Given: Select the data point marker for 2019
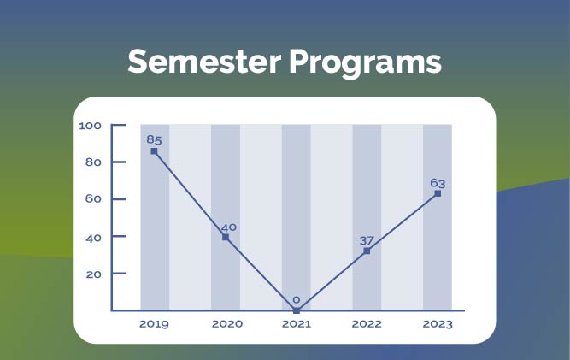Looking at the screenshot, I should (154, 151).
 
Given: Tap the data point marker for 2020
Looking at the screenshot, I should (226, 237).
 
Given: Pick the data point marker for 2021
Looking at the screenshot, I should (297, 310).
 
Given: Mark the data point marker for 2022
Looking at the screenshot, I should (367, 251).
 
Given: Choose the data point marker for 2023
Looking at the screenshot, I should (438, 193).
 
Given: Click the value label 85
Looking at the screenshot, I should (154, 139).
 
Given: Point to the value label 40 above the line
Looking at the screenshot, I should (228, 227).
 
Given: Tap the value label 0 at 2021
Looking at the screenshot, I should (297, 300).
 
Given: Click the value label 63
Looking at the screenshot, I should (438, 182).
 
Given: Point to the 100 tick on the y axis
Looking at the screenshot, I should (90, 126).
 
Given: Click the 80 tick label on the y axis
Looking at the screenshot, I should (93, 162).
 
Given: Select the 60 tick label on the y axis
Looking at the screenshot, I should (93, 199).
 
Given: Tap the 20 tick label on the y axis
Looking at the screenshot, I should (93, 274).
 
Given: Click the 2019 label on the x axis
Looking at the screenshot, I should (154, 324).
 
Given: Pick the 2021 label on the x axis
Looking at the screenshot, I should (296, 324).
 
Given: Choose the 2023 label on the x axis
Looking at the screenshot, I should (438, 324).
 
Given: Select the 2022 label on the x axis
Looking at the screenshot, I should (367, 324).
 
